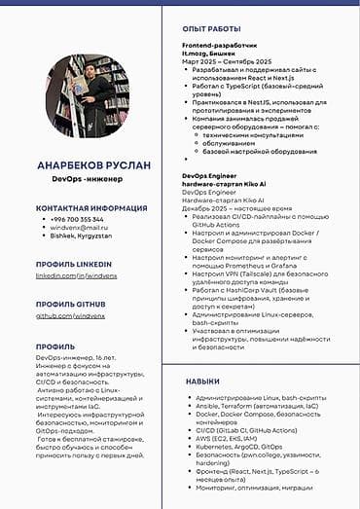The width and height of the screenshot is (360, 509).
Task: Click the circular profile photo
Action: [87, 95]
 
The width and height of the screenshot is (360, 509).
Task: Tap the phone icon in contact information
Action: [43, 219]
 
